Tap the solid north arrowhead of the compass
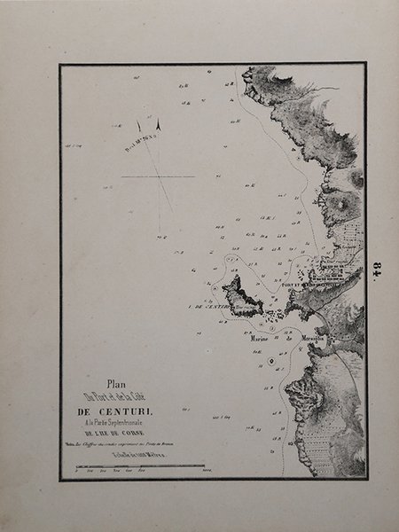[159, 126]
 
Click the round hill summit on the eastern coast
[338, 206]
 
